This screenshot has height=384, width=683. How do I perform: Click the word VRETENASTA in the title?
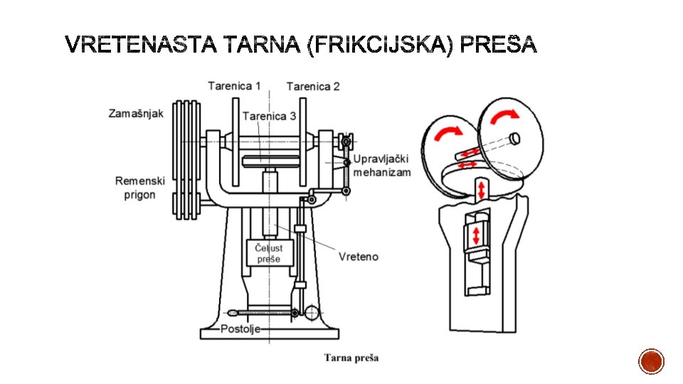click(x=141, y=44)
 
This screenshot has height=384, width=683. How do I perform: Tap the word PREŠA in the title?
click(x=498, y=43)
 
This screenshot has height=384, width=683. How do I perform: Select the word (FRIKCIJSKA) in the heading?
click(x=380, y=45)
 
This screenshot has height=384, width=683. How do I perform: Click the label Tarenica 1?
click(x=234, y=86)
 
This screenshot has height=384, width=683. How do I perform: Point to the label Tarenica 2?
click(x=313, y=86)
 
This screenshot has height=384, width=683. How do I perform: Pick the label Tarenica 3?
click(x=269, y=116)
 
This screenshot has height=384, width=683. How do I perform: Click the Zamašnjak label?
click(x=136, y=114)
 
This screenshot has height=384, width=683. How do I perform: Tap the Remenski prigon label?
click(x=140, y=188)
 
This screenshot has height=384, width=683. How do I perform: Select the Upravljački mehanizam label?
click(x=381, y=166)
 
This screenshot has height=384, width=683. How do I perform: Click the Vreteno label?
click(x=359, y=257)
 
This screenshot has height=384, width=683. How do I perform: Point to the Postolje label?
click(x=240, y=329)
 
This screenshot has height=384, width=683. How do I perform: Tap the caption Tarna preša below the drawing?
click(x=351, y=358)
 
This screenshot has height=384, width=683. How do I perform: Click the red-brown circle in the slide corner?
click(x=651, y=361)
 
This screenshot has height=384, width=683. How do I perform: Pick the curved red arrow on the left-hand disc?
click(x=448, y=132)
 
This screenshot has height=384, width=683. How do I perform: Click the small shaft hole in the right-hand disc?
click(x=515, y=139)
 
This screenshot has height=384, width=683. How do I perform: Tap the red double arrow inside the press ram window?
click(x=476, y=235)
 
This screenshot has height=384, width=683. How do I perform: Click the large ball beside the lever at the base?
click(x=312, y=313)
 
